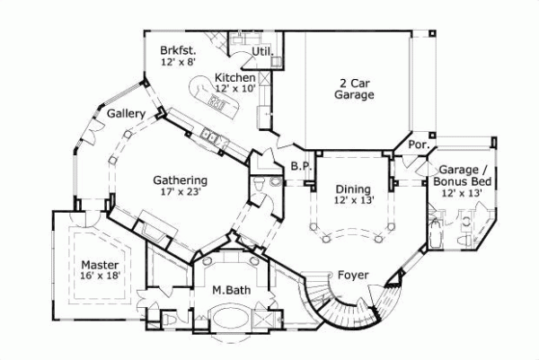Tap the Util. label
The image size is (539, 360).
pos(262,51)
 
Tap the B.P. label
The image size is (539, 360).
pos(300,165)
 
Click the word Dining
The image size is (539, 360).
pos(353,189)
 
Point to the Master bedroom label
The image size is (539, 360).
pos(99,266)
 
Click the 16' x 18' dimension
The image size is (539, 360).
pos(99,277)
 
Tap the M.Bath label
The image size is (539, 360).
pos(230,291)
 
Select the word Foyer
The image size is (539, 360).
pos(354,275)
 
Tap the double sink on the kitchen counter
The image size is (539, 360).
pos(210,136)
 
